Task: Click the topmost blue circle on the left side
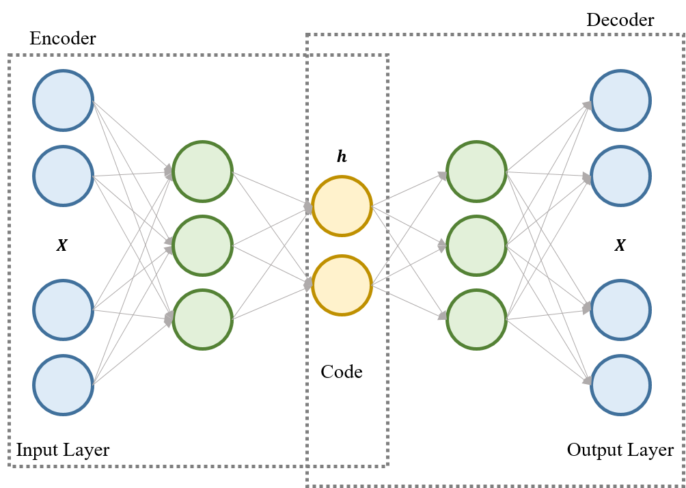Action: (x=63, y=100)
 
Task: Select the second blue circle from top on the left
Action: (x=63, y=176)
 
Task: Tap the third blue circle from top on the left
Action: (x=63, y=310)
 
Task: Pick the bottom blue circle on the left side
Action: (x=63, y=385)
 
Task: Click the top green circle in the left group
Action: (x=202, y=172)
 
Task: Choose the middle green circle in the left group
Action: (x=202, y=245)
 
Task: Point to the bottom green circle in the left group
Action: (x=202, y=319)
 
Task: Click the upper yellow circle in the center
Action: (x=342, y=206)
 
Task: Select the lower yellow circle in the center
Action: (x=342, y=285)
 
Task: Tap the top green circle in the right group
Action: (x=476, y=172)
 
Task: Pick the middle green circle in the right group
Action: (x=476, y=245)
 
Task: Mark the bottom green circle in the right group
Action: (x=476, y=319)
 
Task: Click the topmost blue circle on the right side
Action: (x=620, y=100)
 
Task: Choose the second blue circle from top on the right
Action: (x=620, y=176)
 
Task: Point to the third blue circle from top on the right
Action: (x=620, y=310)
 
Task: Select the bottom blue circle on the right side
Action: (x=620, y=385)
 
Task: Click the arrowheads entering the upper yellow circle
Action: (x=308, y=206)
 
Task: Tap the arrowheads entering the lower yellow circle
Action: (x=308, y=284)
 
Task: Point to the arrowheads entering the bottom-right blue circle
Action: (x=587, y=380)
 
